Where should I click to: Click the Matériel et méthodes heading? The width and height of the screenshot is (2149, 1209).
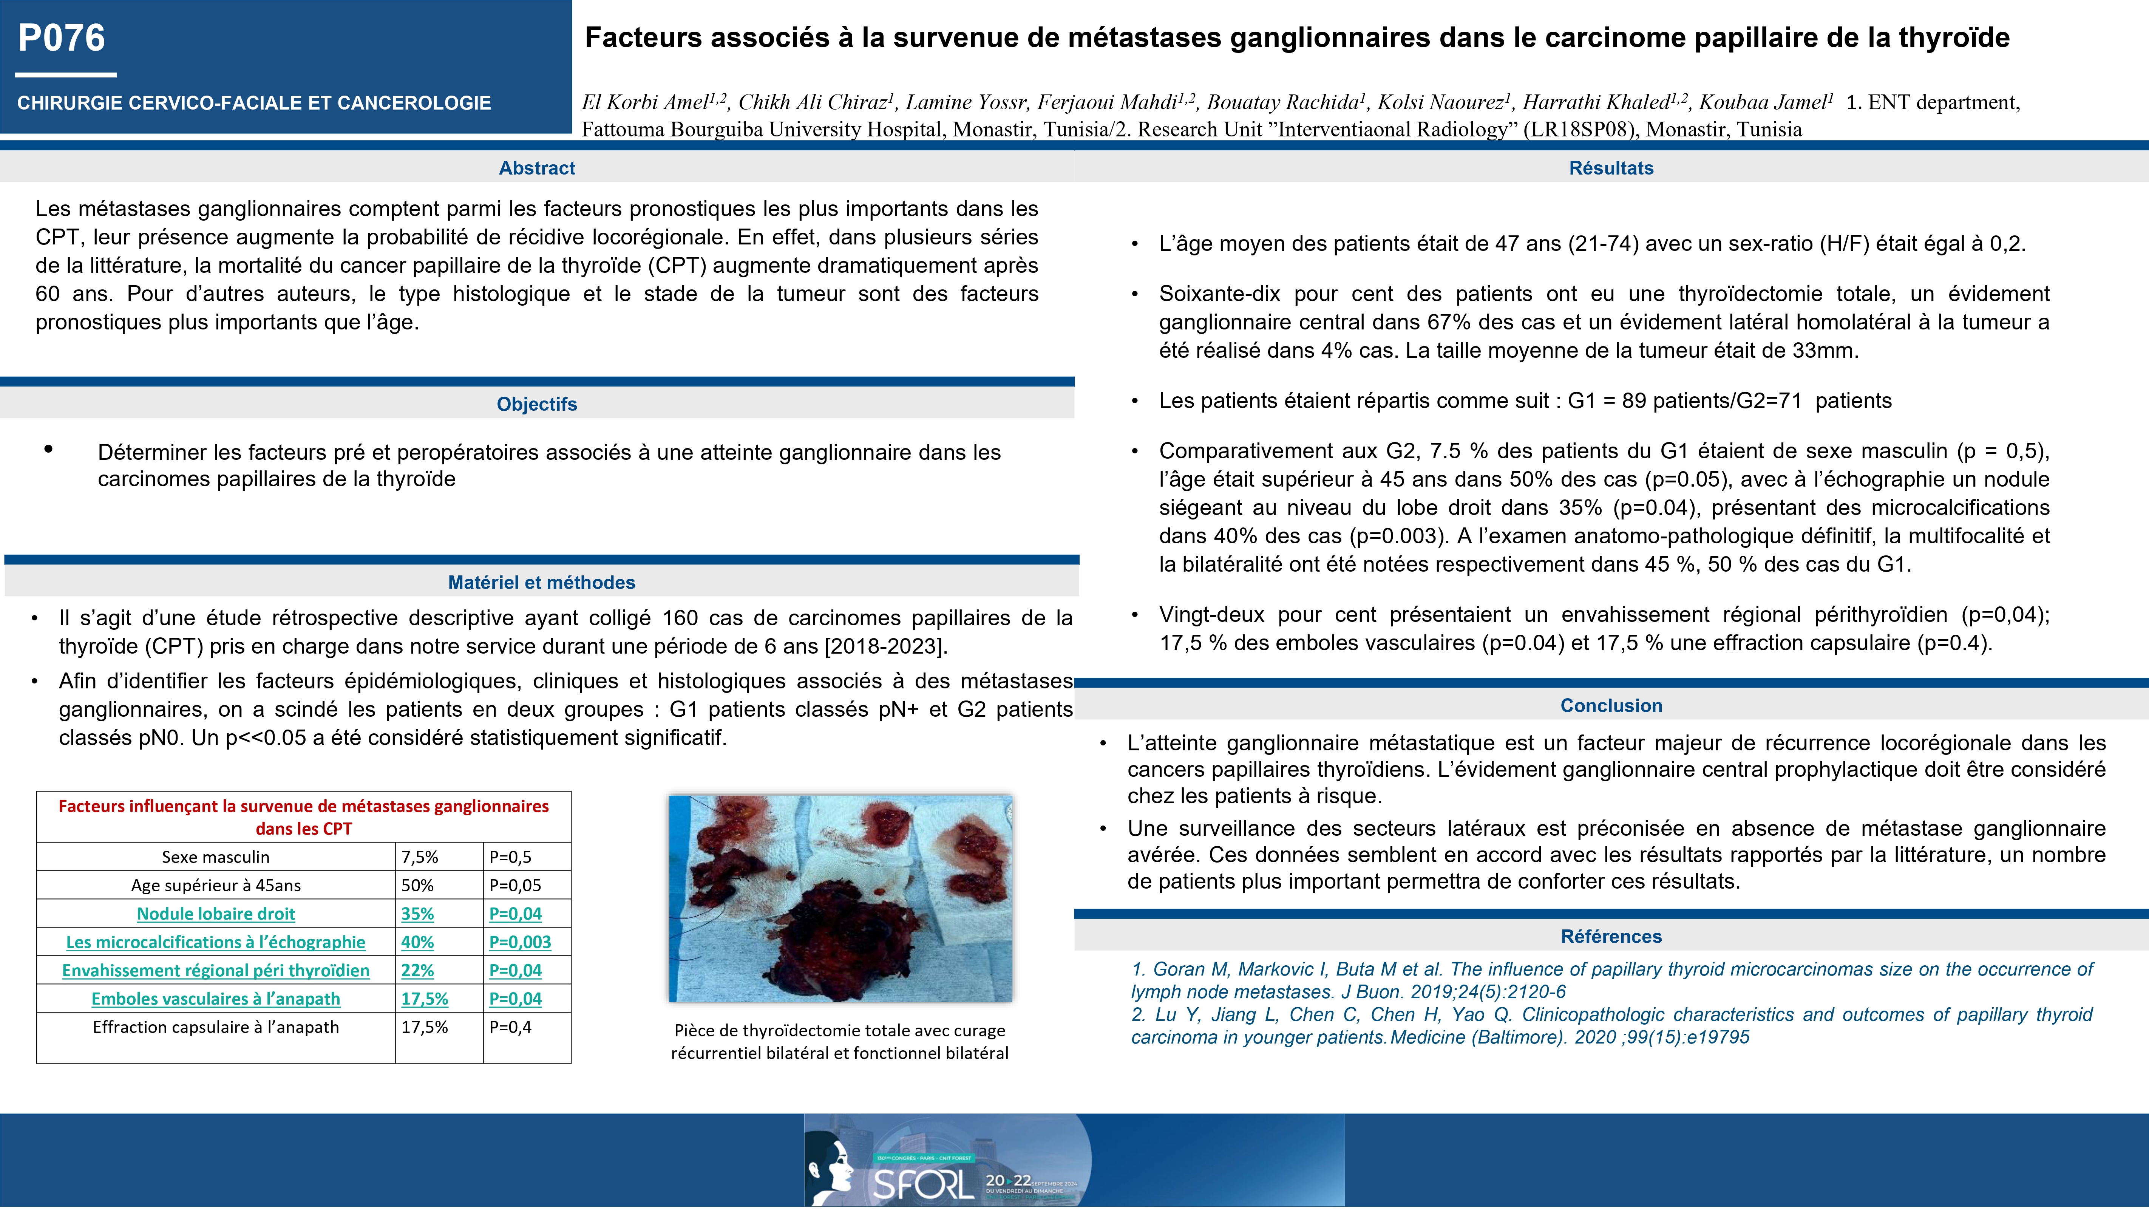(541, 582)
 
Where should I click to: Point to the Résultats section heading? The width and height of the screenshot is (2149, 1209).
(1611, 168)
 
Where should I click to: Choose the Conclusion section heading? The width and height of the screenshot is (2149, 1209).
(1611, 706)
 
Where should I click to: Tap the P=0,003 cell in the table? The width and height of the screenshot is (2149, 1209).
(520, 942)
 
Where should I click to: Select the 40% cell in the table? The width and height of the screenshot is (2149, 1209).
(417, 942)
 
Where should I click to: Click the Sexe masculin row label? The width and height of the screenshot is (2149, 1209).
(215, 857)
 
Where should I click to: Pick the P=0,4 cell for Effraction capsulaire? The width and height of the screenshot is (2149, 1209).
(510, 1027)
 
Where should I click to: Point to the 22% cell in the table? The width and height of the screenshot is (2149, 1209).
(417, 970)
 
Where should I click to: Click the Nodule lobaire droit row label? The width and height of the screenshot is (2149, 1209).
(215, 914)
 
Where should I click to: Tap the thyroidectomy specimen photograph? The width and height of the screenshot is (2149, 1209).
(840, 898)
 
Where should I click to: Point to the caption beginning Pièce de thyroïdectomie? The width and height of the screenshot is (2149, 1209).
(839, 1041)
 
